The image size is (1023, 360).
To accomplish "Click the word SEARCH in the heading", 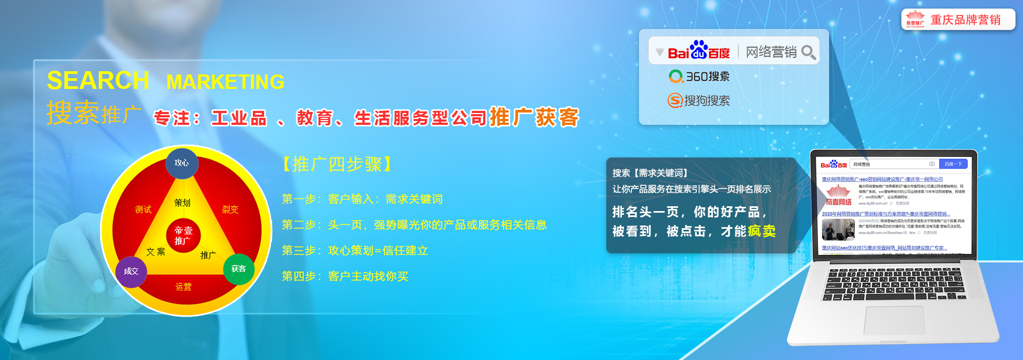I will pos(98,81).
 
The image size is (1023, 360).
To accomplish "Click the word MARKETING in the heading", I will pos(225,82).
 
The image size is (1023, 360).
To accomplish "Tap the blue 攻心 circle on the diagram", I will pos(182,163).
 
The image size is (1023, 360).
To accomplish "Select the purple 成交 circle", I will pos(131,271).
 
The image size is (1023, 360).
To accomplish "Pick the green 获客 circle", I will pos(238,269).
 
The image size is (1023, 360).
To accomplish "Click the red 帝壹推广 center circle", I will pos(183,236).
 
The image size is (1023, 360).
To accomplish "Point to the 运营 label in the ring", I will pos(183,287).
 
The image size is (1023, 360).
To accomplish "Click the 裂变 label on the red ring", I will pos(230,209).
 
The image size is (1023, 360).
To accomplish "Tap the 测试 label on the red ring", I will pos(143,209).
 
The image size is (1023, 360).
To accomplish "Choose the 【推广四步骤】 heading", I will pos(337,164).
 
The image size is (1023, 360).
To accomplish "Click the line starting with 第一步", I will pos(362,199).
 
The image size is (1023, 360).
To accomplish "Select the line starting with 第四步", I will pos(345,276).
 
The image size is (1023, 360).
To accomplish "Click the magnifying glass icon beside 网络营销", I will pos(809,52).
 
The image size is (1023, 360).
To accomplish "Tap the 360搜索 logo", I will pos(699,77).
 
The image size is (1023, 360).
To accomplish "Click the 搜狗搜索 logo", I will pos(698,100).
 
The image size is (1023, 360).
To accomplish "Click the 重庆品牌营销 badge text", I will pos(965,20).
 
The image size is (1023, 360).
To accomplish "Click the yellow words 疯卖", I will pos(762,231).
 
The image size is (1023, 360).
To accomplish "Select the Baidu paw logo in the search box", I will pos(698,50).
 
